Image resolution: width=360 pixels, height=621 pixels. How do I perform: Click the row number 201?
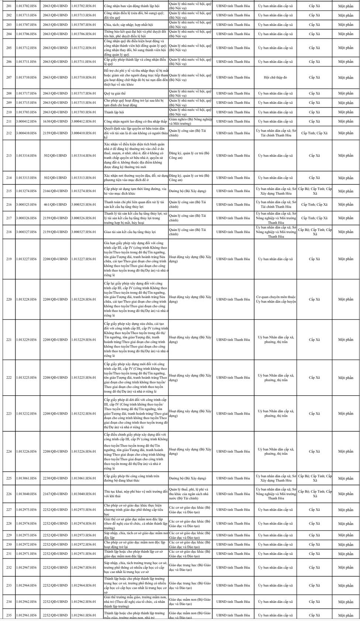9,6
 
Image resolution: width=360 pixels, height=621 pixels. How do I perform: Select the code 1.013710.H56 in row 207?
26,78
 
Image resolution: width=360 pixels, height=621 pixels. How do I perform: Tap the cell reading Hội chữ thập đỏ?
275,78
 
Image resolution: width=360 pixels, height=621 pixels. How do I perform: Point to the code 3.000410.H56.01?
83,133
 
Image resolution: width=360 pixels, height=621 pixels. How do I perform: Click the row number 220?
9,300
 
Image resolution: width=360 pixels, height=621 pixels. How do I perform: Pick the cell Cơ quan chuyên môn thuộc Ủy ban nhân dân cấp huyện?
275,300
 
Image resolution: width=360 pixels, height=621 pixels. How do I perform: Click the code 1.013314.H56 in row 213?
26,156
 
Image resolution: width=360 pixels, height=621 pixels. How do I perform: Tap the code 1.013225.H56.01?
83,378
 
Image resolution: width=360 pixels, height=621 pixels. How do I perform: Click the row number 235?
9,615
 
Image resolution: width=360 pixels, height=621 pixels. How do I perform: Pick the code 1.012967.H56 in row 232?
26,568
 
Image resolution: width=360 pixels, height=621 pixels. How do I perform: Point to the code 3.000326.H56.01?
83,218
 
